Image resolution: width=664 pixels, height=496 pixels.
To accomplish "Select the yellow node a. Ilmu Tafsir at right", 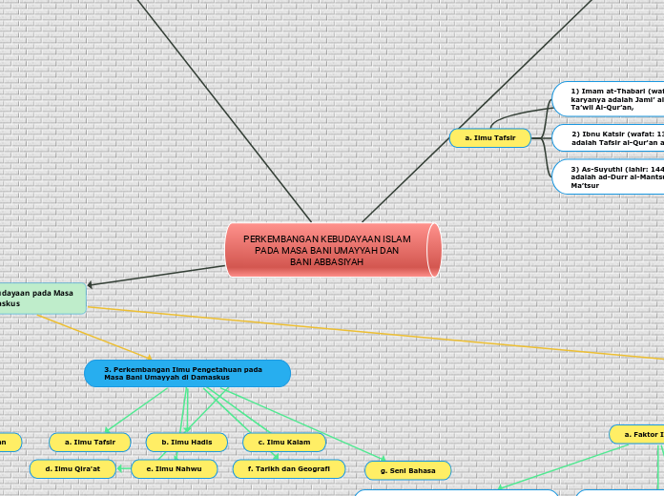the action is pos(489,138).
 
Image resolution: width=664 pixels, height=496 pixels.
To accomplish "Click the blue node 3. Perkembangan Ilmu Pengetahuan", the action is pos(187,373).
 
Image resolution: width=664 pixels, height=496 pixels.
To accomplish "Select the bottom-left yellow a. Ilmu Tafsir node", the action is pos(90,443).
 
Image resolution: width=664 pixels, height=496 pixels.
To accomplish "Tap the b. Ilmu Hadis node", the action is pos(186,443).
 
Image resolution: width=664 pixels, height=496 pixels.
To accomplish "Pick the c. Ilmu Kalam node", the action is pos(283,443).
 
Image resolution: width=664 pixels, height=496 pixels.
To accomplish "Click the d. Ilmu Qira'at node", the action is pos(73,469).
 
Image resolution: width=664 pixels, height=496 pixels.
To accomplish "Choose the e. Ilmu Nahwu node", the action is pos(175,469).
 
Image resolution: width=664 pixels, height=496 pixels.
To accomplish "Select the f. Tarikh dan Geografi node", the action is pos(288,469).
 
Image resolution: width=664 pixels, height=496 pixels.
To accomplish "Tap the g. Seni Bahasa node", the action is pos(407,470).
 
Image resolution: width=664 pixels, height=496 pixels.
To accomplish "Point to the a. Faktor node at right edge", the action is pos(637,435).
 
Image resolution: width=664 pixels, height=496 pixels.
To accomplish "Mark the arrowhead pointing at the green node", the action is pos(91,284).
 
